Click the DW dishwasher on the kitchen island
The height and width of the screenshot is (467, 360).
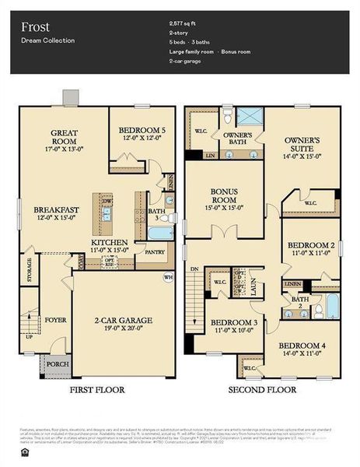pos(107,201)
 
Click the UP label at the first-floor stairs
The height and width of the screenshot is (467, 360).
pos(30,338)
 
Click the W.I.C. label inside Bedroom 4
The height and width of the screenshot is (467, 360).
pos(249,367)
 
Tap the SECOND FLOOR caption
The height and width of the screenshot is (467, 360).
pos(261,388)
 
